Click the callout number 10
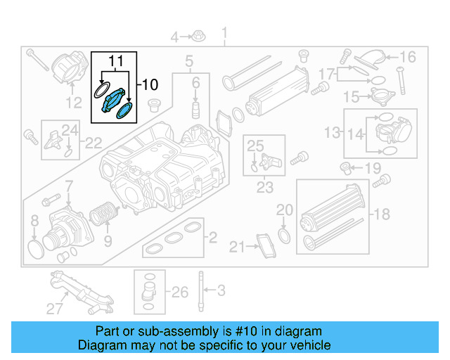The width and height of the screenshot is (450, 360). (x=150, y=85)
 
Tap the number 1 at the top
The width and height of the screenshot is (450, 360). (x=225, y=32)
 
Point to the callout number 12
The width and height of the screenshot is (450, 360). (x=73, y=105)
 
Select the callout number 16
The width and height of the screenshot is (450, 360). (x=408, y=57)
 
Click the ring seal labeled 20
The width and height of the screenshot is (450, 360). (x=284, y=234)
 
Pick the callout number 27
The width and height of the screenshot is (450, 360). (x=55, y=307)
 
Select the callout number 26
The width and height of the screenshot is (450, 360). (x=180, y=291)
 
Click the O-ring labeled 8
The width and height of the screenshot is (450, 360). (x=35, y=247)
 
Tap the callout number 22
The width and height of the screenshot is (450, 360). (x=94, y=143)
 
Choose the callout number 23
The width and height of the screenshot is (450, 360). (x=264, y=188)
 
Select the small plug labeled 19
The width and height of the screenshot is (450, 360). (x=346, y=167)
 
